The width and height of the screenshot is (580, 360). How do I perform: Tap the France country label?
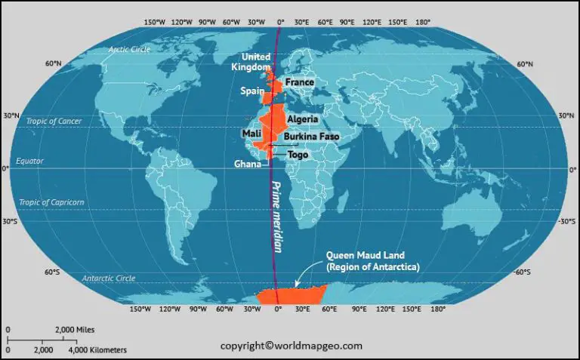pyautogui.click(x=300, y=82)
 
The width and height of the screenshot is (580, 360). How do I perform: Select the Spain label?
pyautogui.click(x=252, y=91)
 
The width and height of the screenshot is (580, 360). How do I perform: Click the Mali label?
pyautogui.click(x=251, y=134)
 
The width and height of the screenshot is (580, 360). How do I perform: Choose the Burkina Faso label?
pyautogui.click(x=311, y=137)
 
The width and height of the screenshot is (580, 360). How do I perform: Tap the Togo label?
pyautogui.click(x=298, y=154)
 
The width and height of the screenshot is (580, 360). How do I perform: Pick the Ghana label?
pyautogui.click(x=247, y=163)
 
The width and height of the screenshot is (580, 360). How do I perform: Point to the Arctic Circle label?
pyautogui.click(x=130, y=49)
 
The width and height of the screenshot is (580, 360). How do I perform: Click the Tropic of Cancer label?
pyautogui.click(x=54, y=121)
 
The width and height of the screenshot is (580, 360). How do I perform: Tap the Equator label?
pyautogui.click(x=30, y=161)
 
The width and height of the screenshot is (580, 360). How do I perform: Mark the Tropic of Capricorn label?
pyautogui.click(x=51, y=202)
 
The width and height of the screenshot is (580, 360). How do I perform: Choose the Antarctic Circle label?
pyautogui.click(x=109, y=278)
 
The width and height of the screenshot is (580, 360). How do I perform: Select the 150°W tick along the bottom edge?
pyautogui.click(x=140, y=309)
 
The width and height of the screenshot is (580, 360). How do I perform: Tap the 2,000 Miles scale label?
pyautogui.click(x=74, y=330)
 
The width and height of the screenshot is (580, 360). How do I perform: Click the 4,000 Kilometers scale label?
pyautogui.click(x=97, y=350)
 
